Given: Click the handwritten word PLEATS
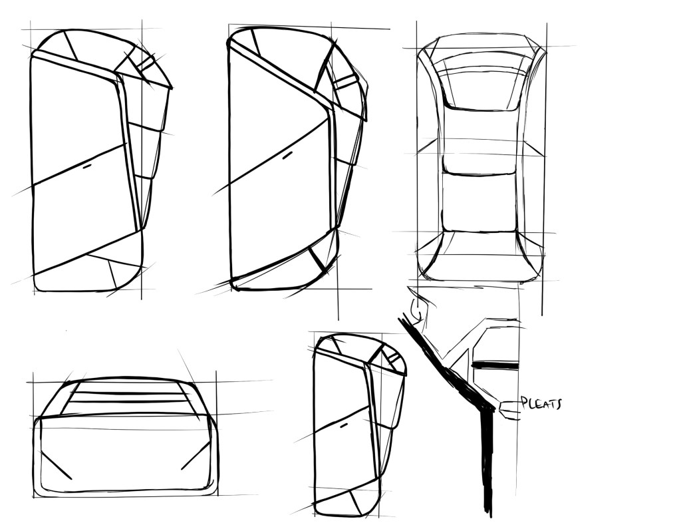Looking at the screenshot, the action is [541, 403].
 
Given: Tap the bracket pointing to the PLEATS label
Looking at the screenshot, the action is [508, 410].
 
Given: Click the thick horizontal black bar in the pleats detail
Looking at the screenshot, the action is [495, 366].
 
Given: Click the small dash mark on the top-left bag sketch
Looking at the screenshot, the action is [87, 166].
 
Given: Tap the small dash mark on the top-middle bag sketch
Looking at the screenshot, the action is [287, 155].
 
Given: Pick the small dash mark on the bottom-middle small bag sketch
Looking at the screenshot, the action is [344, 426].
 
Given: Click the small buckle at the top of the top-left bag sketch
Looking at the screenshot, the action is [148, 63].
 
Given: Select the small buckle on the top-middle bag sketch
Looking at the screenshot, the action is [344, 81].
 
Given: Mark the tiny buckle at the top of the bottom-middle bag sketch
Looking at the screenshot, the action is [392, 358].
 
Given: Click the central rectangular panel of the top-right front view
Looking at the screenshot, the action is [479, 202].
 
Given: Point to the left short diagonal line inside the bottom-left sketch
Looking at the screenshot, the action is [56, 465].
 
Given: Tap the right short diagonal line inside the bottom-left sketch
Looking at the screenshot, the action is [196, 456].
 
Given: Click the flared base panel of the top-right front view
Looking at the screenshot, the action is [480, 256].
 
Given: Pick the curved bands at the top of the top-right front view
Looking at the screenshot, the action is [481, 66].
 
